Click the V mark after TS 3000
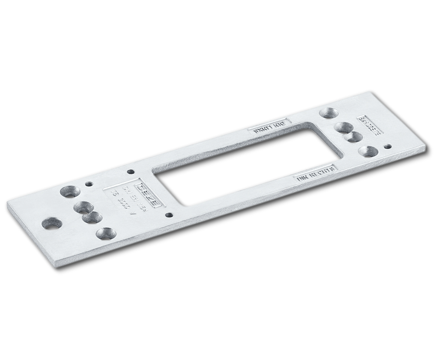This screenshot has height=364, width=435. [133, 214]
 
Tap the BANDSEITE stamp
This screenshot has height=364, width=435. [369, 125]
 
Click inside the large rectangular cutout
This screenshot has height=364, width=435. [244, 165]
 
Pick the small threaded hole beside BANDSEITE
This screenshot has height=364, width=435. [387, 147]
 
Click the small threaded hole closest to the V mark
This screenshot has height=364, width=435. [169, 215]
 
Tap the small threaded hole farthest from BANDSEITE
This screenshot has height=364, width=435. [89, 184]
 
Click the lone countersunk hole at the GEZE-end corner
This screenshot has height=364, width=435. [52, 224]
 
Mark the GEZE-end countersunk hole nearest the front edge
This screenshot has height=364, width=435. [106, 234]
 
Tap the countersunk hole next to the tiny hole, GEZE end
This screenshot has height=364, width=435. [70, 191]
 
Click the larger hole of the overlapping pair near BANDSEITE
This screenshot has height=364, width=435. [344, 128]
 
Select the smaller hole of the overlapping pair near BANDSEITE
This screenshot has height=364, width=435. [353, 137]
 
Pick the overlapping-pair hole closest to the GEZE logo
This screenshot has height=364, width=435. [84, 207]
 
